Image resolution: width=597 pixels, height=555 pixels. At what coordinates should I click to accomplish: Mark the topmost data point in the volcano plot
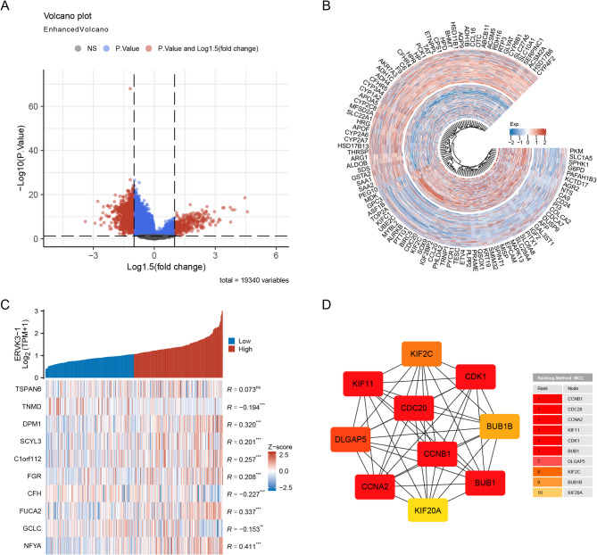(130, 89)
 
